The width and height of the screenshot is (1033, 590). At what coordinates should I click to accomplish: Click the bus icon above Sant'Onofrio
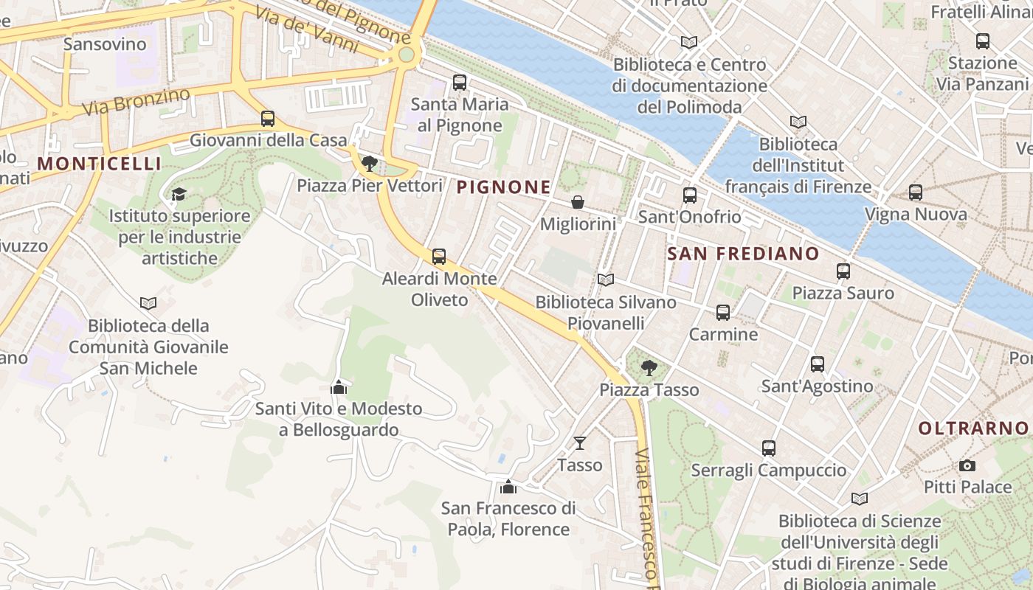pyautogui.click(x=690, y=195)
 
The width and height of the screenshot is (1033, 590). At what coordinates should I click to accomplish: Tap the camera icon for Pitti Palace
pyautogui.click(x=967, y=465)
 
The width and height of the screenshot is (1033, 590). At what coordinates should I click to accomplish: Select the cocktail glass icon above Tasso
pyautogui.click(x=580, y=442)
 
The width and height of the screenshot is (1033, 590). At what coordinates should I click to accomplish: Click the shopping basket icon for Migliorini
pyautogui.click(x=578, y=201)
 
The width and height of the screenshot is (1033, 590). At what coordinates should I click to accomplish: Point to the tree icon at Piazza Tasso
pyautogui.click(x=649, y=367)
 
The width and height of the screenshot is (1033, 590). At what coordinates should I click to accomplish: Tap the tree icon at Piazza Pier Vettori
pyautogui.click(x=370, y=163)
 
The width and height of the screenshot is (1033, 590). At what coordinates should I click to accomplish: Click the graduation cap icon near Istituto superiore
pyautogui.click(x=179, y=194)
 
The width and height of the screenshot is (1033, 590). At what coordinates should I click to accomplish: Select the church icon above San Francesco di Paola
pyautogui.click(x=508, y=487)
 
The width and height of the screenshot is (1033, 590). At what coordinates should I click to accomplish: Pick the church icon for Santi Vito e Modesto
pyautogui.click(x=339, y=386)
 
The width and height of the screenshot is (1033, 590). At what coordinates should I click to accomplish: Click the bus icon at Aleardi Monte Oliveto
pyautogui.click(x=439, y=257)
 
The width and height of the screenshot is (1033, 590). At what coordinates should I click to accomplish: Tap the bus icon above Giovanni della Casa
pyautogui.click(x=268, y=118)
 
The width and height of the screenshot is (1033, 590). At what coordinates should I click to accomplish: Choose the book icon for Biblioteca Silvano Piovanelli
pyautogui.click(x=606, y=280)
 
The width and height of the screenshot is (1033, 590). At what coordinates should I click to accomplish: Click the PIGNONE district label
pyautogui.click(x=504, y=187)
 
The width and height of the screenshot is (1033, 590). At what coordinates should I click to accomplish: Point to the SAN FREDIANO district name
pyautogui.click(x=743, y=254)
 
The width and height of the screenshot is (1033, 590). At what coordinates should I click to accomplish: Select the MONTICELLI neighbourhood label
pyautogui.click(x=99, y=163)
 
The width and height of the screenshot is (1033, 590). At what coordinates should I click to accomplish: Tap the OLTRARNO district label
pyautogui.click(x=973, y=428)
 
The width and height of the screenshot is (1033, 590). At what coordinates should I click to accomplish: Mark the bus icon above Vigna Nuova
pyautogui.click(x=916, y=192)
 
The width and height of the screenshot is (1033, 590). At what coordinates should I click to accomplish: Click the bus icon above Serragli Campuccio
pyautogui.click(x=769, y=448)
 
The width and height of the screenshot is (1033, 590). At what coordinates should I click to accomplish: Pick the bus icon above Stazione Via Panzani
pyautogui.click(x=982, y=41)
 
